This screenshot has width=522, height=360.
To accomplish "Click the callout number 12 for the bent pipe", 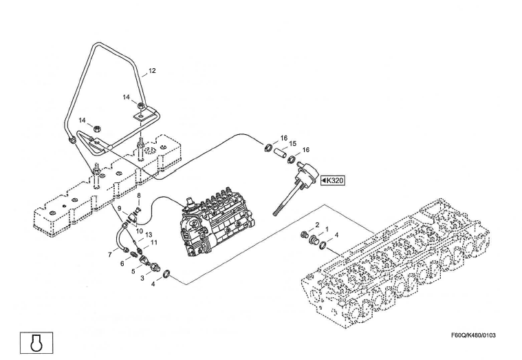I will click(x=152, y=71).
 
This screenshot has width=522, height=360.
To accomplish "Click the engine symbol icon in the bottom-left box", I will click(x=34, y=341).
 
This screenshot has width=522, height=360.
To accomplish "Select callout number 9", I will click(x=119, y=209).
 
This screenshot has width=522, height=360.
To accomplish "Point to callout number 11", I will click(x=154, y=243).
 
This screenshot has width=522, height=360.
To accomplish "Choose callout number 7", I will click(x=109, y=255).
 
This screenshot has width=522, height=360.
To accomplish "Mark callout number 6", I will click(x=122, y=263).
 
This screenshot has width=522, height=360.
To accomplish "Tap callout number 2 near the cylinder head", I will click(x=317, y=225).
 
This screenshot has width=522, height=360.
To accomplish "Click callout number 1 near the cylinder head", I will click(x=327, y=229).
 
